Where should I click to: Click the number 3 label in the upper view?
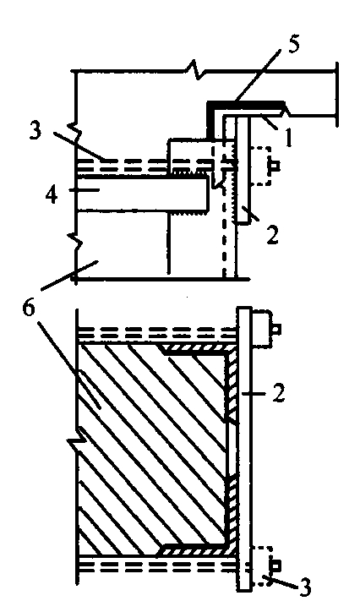(x=35, y=130)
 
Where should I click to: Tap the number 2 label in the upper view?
(x=273, y=235)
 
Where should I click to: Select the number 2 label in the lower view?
(x=279, y=392)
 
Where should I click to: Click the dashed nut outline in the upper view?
(x=260, y=166)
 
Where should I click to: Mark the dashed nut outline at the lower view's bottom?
(x=262, y=565)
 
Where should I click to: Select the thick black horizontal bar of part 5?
(x=245, y=104)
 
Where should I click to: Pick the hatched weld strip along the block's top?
(x=197, y=349)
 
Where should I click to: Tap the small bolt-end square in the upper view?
(x=275, y=166)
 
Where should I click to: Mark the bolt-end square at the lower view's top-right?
(x=276, y=330)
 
